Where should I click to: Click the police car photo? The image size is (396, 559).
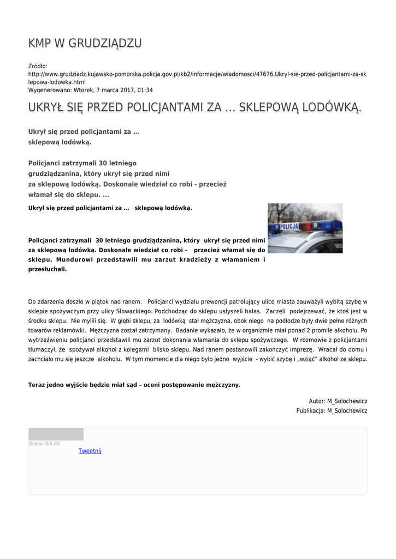pyautogui.click(x=305, y=228)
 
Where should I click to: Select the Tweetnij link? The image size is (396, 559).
pyautogui.click(x=90, y=451)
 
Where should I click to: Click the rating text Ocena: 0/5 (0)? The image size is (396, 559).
pyautogui.click(x=44, y=444)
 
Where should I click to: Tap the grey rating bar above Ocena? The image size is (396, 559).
pyautogui.click(x=56, y=435)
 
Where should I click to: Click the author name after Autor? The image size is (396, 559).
pyautogui.click(x=347, y=401)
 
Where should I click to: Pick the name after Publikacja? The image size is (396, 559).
pyautogui.click(x=347, y=411)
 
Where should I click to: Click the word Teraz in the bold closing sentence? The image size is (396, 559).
pyautogui.click(x=37, y=385)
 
